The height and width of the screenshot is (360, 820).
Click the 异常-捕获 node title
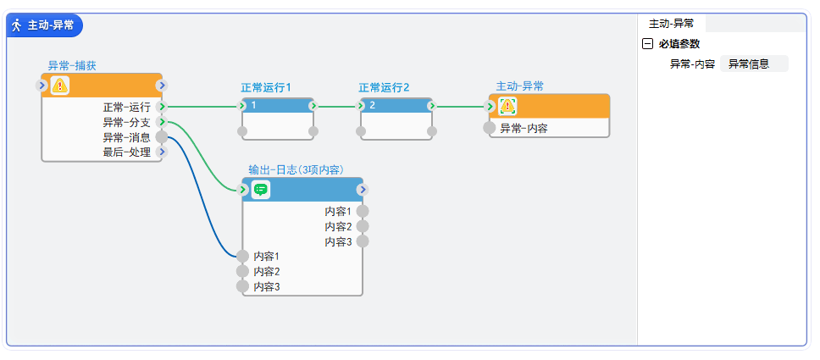pos(72,65)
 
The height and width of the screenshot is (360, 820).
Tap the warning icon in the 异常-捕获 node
pos(59,86)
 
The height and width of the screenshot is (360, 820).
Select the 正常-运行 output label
pos(126,108)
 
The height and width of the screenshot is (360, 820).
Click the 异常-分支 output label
pos(126,123)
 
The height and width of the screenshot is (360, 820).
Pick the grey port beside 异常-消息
pos(161,137)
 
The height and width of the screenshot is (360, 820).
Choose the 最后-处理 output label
pos(126,152)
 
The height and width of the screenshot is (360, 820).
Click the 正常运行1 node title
pos(265,87)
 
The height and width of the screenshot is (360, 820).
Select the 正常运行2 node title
pos(383,87)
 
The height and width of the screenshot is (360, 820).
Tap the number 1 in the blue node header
pos(254,106)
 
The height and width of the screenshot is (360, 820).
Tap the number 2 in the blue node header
pos(372,106)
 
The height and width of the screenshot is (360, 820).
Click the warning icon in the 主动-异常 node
pos(507,107)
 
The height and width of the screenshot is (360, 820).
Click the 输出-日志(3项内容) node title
pos(295,170)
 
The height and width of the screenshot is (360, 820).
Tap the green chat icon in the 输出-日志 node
pos(261,190)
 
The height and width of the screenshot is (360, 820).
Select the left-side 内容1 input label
pos(266,256)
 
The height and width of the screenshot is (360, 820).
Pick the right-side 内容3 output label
pos(338,241)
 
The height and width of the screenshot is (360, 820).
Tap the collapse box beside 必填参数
pos(648,44)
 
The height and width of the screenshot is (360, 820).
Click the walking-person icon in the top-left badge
pos(17,25)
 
